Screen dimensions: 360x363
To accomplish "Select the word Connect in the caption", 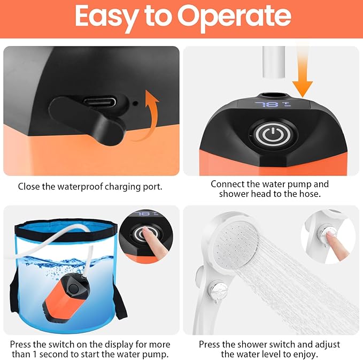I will pyautogui.click(x=228, y=184).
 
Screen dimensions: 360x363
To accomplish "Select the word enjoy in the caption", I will pyautogui.click(x=307, y=354).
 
